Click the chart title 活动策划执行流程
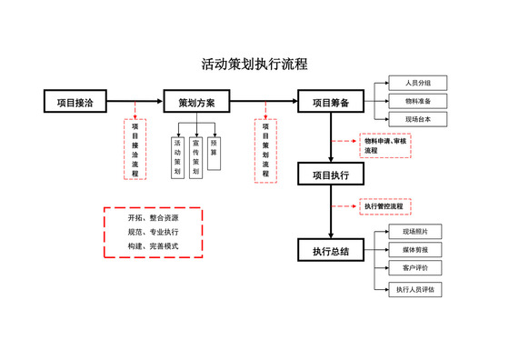click(254, 65)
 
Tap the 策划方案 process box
click(196, 102)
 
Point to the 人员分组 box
click(418, 84)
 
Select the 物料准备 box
click(418, 101)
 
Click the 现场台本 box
click(418, 119)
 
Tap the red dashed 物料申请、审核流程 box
click(385, 145)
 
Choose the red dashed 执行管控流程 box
click(384, 206)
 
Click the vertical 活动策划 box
click(177, 156)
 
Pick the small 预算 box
click(214, 148)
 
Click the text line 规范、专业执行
click(153, 233)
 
